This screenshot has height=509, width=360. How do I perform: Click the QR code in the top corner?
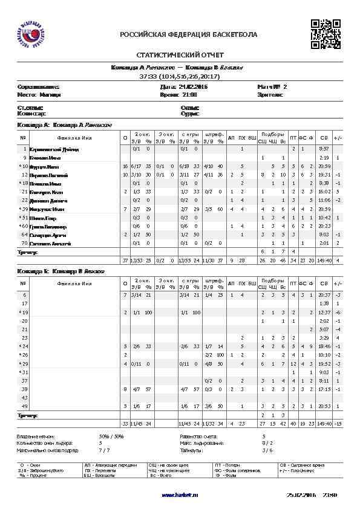pos(326,33)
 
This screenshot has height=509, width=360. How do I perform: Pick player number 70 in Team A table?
pos(25,243)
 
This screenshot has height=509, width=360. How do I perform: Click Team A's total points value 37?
pos(125,260)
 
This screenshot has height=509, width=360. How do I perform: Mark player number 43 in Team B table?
pos(25,398)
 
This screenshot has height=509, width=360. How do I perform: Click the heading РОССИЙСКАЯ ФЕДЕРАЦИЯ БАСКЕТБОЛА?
pos(189,34)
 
